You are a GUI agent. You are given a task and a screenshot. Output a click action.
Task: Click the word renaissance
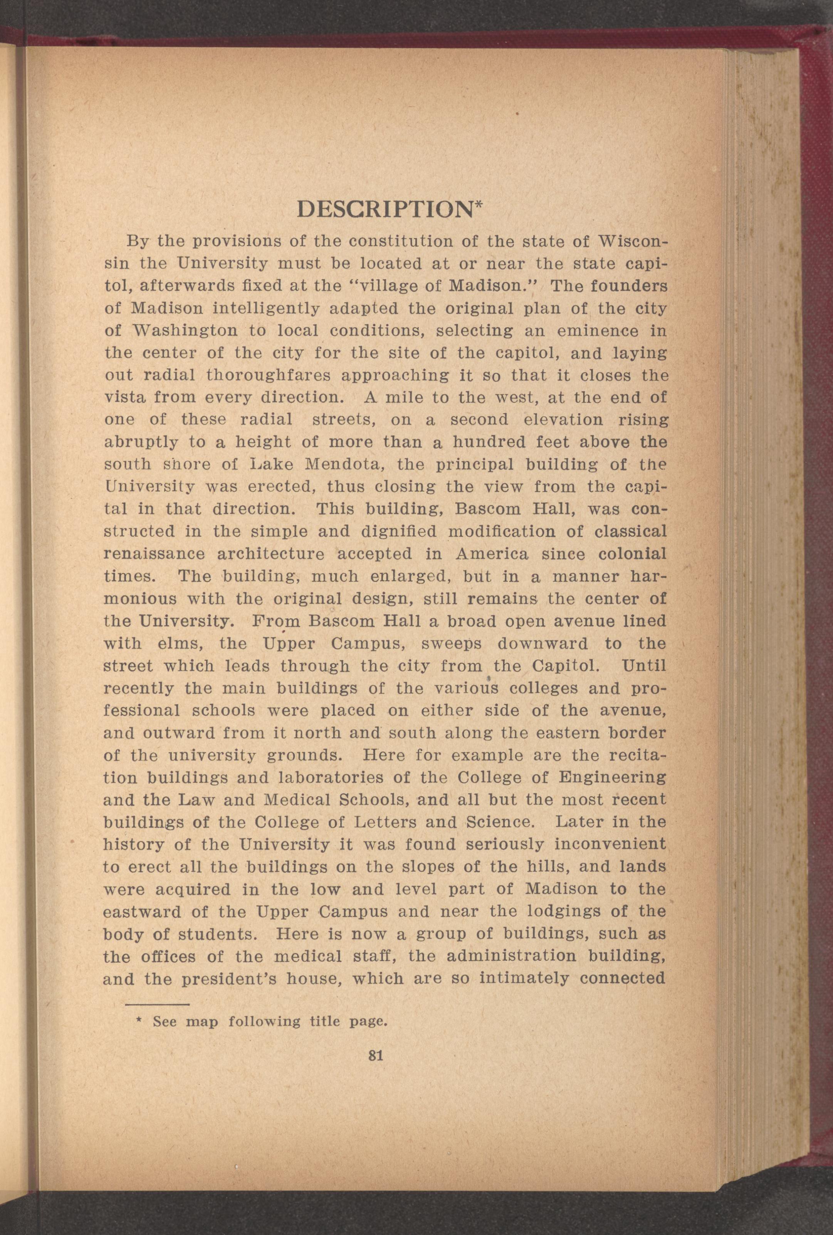pos(155,554)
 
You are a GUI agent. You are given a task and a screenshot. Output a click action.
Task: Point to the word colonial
pos(632,554)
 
